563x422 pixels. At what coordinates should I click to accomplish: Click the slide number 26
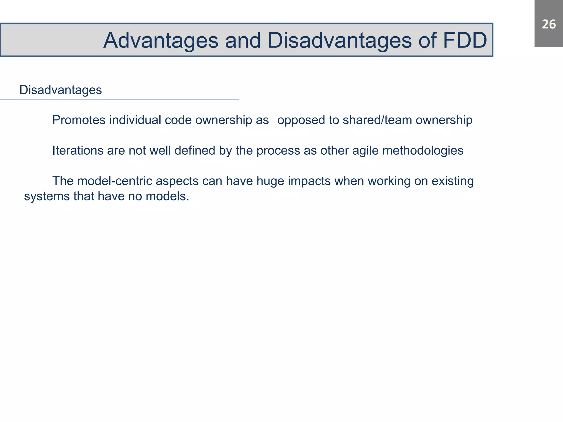(549, 24)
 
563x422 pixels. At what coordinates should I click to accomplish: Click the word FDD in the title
(465, 40)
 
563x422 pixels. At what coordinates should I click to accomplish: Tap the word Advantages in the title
(161, 40)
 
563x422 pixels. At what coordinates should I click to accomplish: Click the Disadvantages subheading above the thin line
(60, 90)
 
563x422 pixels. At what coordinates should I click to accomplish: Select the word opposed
(301, 120)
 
